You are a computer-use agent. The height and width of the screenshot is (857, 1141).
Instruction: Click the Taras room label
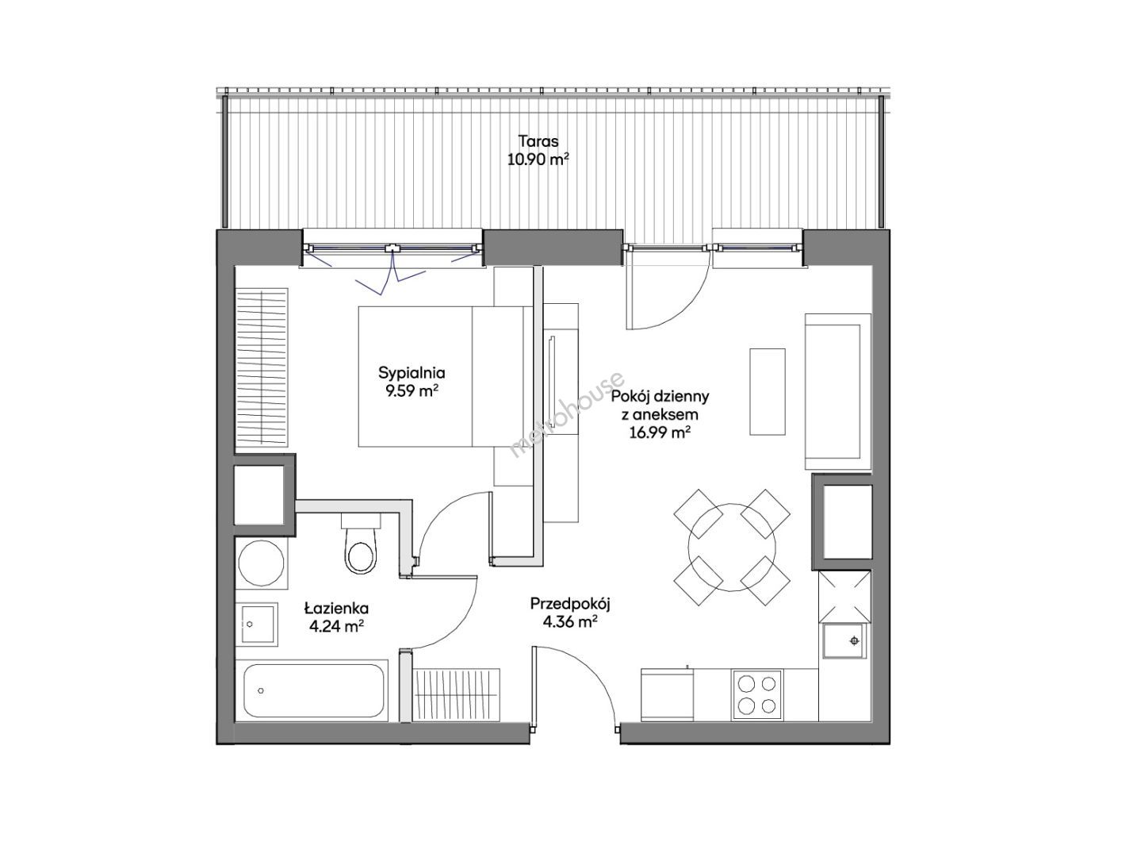(538, 141)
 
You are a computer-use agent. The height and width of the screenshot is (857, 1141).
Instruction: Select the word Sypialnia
(412, 374)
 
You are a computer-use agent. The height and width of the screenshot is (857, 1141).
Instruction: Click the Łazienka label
(336, 608)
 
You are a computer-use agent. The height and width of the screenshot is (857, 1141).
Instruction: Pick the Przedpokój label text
(570, 605)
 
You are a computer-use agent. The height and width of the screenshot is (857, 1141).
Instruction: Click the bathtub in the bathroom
(313, 690)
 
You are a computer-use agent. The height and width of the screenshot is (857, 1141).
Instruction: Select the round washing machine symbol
(261, 563)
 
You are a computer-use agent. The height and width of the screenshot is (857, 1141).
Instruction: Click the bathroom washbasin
(258, 624)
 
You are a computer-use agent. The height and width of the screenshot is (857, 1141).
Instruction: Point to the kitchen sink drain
(853, 641)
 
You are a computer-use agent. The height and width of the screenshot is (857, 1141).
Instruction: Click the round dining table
(732, 547)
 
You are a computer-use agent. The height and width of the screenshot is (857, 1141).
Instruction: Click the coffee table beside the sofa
(767, 391)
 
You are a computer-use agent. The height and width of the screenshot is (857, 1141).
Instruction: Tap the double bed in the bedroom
(445, 376)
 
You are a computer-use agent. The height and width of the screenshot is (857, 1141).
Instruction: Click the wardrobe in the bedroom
(262, 367)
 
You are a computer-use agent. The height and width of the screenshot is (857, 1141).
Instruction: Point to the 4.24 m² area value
(336, 626)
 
